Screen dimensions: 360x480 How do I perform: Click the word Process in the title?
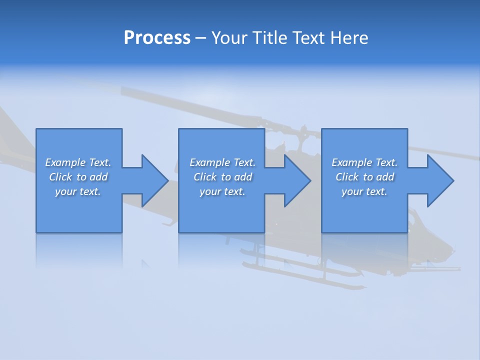[157, 38]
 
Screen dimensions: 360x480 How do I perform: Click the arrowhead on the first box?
[152, 180]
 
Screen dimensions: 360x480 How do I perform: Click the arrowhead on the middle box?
[295, 180]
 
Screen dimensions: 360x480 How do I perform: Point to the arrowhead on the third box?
[438, 180]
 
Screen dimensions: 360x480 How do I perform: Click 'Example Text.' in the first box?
[78, 162]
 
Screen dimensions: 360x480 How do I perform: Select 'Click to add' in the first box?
[78, 177]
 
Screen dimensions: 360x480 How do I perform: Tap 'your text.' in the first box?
[78, 191]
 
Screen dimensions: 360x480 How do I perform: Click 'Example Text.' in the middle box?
[222, 162]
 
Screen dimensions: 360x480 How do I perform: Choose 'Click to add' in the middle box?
[222, 177]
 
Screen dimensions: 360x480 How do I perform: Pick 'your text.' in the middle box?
[222, 191]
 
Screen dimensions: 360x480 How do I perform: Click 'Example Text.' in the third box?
[364, 162]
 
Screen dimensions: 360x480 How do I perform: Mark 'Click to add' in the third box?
[364, 177]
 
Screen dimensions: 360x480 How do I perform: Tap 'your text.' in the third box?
[364, 191]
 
